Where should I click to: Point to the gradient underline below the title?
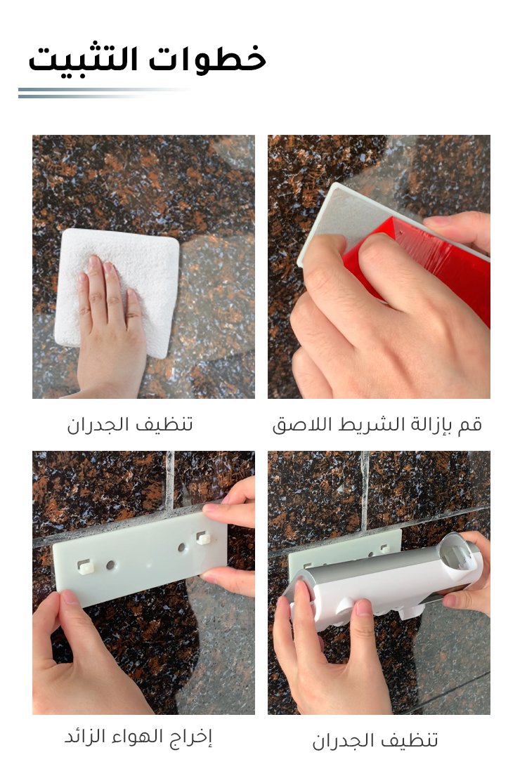coord(103,93)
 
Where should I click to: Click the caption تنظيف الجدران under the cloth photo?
coord(130,424)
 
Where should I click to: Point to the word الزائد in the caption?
coord(86,736)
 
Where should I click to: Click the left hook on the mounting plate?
coord(86,566)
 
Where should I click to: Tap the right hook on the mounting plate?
coord(203,537)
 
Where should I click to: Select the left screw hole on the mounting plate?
coord(110,565)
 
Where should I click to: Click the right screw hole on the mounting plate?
coord(182,547)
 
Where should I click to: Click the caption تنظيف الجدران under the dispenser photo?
coord(375,740)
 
